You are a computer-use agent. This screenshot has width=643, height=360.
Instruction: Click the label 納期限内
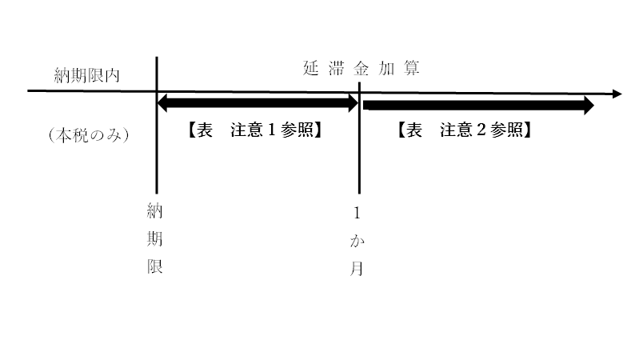pos(87,75)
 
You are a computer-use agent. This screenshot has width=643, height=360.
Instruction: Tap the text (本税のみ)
pos(89,135)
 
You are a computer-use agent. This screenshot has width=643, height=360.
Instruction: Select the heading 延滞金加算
pos(361,68)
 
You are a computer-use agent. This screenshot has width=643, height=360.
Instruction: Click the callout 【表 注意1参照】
pos(254,130)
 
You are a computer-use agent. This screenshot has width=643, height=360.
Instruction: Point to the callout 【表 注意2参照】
pos(465,130)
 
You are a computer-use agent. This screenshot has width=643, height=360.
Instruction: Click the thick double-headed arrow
pos(258,103)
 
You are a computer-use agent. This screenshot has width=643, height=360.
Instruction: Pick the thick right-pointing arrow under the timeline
pos(478,106)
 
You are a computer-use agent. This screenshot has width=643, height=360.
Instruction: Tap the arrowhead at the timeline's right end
pos(617,94)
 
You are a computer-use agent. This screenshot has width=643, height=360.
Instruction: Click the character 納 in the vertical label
pos(155,211)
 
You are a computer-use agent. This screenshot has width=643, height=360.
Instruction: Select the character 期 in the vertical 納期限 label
pos(155,238)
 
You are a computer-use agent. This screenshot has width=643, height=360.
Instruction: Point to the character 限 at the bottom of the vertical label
pos(155,266)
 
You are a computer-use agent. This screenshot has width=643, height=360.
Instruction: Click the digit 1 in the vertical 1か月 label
pos(357,214)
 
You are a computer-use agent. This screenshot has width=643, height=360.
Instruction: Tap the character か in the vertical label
pos(357,241)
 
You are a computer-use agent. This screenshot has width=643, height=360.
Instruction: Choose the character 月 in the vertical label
pos(357,269)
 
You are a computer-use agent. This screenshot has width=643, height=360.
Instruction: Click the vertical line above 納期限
pos(157,125)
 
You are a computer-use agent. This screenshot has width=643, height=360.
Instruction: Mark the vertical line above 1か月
pos(359,138)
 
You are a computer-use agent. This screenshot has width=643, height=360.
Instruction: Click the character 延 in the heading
pos(310,68)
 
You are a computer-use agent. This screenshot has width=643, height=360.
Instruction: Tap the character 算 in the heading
pos(412,68)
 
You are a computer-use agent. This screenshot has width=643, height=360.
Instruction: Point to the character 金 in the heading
pos(361,68)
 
